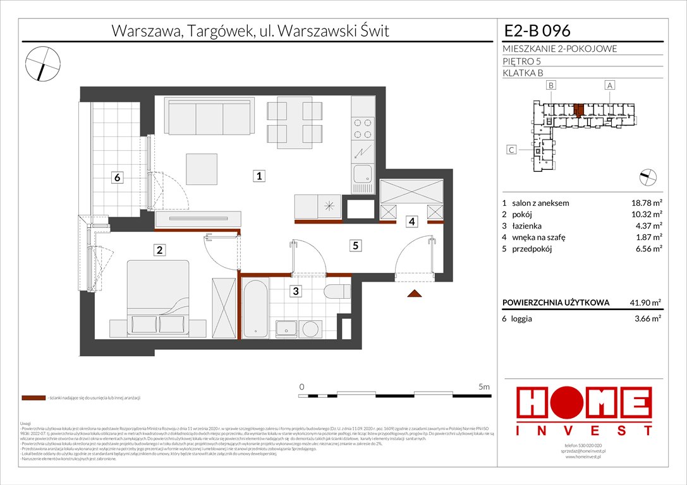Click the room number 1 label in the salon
(259, 177)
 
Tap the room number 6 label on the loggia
(117, 178)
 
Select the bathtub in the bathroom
(255, 309)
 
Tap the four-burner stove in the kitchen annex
(363, 128)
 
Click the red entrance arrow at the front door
(415, 292)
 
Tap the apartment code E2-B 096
(537, 30)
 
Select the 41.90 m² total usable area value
(643, 302)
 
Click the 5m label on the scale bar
(484, 386)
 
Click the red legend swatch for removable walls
(32, 398)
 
